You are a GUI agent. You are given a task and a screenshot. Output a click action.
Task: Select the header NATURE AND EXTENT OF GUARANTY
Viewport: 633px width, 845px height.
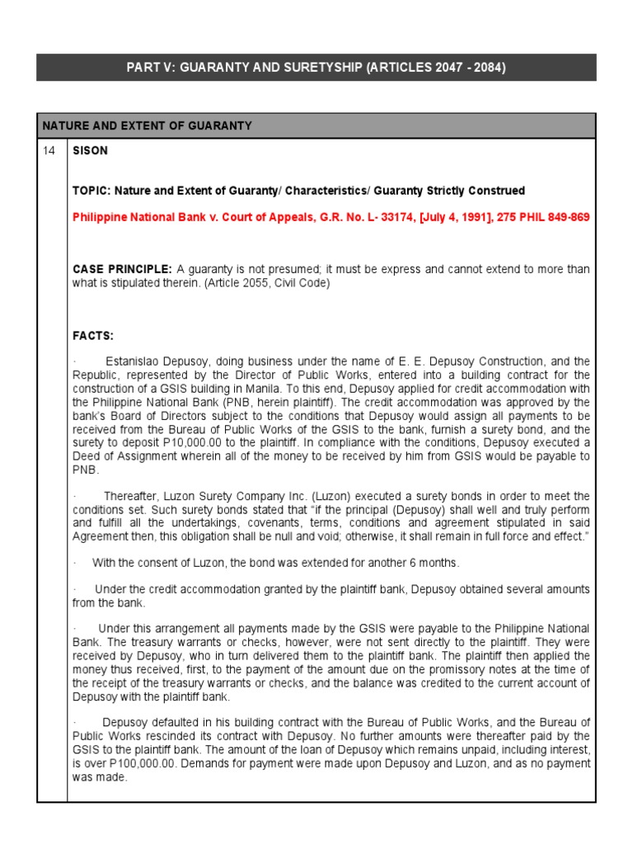[147, 125]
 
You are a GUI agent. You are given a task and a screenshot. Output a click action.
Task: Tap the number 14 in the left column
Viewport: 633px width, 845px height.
[50, 151]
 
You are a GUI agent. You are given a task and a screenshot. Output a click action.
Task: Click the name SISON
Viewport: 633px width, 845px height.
[90, 151]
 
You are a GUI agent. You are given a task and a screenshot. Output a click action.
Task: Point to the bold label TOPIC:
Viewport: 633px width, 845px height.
[91, 191]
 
